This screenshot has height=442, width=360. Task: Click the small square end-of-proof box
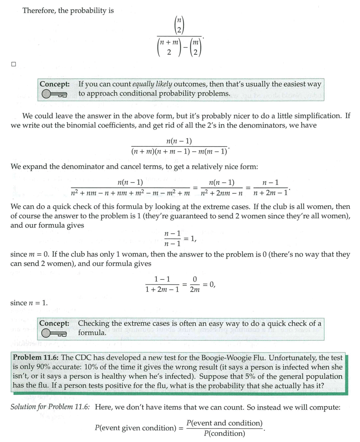13,64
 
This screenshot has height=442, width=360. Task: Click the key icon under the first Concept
54,94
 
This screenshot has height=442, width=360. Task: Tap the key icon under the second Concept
54,333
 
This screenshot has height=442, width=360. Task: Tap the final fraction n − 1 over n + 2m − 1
270,188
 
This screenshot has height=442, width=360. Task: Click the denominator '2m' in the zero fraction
194,289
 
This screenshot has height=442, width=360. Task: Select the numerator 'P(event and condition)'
224,423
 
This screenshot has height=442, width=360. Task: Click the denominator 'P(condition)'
224,433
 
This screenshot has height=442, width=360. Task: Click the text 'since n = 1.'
29,303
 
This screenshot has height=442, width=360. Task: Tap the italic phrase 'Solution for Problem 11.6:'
50,408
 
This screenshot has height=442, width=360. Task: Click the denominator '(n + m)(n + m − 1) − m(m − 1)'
179,151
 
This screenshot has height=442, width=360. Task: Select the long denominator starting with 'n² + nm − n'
130,193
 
